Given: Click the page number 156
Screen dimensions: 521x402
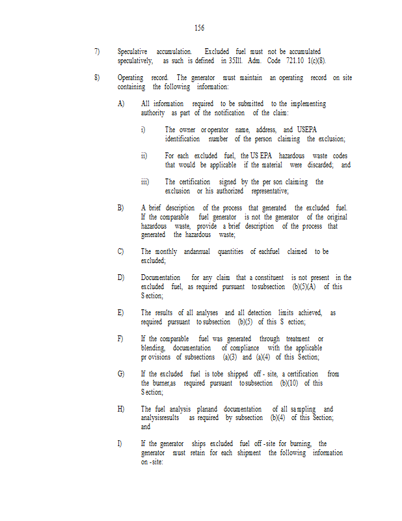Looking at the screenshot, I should coord(199,28).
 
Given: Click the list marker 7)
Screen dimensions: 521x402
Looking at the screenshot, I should coord(97,51).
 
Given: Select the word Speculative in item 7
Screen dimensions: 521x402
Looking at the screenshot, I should coord(132,51).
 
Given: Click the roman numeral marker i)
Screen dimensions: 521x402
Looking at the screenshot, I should coord(143,130).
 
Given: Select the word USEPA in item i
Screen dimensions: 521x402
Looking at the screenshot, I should coord(307,130).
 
